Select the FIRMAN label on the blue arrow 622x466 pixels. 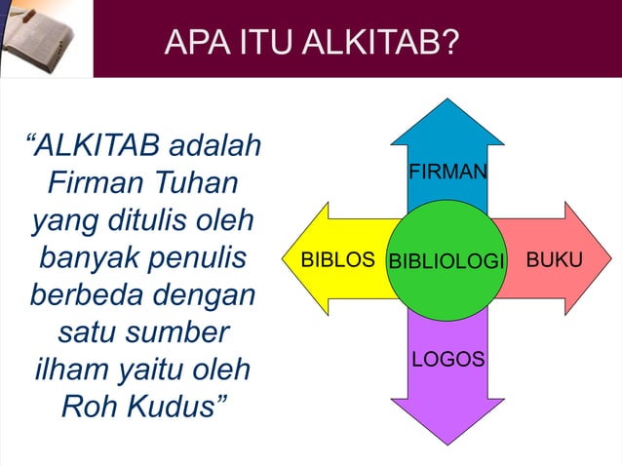pyautogui.click(x=447, y=173)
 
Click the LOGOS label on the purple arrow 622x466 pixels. pyautogui.click(x=447, y=360)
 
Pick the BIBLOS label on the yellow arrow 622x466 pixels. pyautogui.click(x=337, y=260)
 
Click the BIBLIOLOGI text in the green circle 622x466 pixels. pyautogui.click(x=447, y=261)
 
